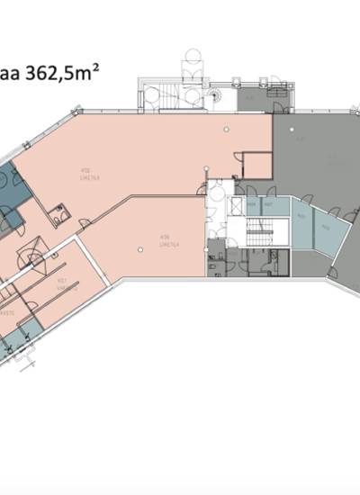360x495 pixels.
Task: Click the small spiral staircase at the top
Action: (x=215, y=94)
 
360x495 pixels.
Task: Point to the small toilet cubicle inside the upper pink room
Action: (x=61, y=214)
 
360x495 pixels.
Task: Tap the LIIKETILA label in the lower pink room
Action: (x=166, y=242)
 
